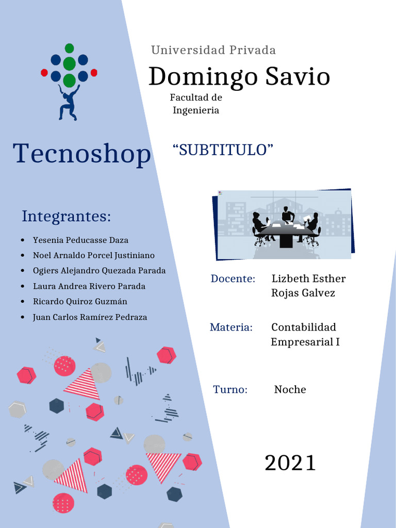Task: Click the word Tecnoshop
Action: [82, 154]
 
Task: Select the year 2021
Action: [290, 463]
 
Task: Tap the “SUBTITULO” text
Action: [223, 150]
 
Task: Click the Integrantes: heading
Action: [67, 216]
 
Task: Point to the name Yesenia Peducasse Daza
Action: [80, 240]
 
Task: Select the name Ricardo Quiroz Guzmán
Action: [80, 301]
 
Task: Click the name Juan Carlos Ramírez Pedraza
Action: [90, 317]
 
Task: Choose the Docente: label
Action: [233, 279]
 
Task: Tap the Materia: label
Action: [232, 327]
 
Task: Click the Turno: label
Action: [230, 390]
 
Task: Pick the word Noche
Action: [290, 390]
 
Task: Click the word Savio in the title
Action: [298, 76]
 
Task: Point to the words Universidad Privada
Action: [213, 50]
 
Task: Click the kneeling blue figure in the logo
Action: [69, 103]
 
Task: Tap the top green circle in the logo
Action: [70, 48]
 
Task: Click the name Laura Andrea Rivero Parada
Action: [89, 286]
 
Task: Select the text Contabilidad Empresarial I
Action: [305, 334]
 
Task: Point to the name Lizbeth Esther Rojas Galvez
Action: [308, 286]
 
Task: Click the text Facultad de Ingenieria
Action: [196, 104]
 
